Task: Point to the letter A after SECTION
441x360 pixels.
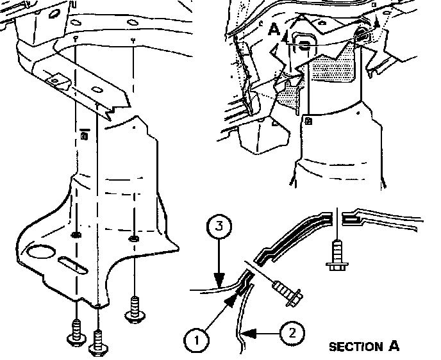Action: pyautogui.click(x=394, y=347)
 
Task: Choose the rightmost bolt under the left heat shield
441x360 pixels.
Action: pyautogui.click(x=134, y=309)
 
